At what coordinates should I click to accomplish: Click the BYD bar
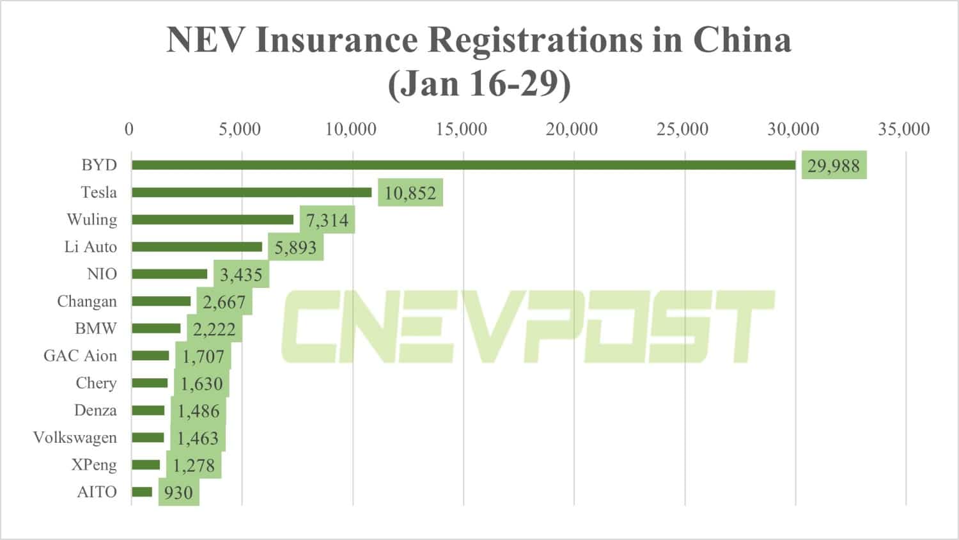[463, 165]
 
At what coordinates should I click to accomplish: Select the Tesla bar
[251, 193]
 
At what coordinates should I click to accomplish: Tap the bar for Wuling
[212, 219]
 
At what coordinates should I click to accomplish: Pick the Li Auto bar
[197, 247]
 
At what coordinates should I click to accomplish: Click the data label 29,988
[834, 166]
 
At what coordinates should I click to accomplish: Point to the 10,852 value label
[410, 193]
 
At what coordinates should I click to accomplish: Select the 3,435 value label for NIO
[241, 275]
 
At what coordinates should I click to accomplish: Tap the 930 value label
[178, 493]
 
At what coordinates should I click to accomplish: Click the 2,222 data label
[214, 330]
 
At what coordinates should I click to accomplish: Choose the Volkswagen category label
[75, 438]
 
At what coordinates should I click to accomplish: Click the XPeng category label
[93, 465]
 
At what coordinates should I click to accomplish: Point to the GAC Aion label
[80, 356]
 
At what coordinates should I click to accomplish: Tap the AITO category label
[97, 492]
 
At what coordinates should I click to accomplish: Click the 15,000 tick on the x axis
[461, 129]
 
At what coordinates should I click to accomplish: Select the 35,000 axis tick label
[903, 129]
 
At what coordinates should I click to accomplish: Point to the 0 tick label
[129, 129]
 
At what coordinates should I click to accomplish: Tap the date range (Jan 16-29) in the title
[479, 84]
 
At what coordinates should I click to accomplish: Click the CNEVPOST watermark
[527, 326]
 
